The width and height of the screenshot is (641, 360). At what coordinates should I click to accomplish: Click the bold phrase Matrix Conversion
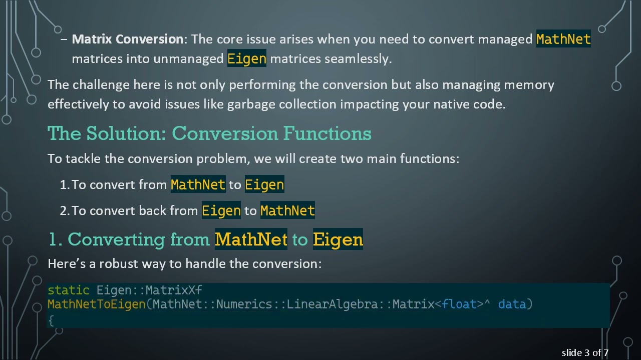click(x=128, y=39)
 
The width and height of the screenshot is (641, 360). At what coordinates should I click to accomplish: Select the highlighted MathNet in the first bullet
click(x=563, y=39)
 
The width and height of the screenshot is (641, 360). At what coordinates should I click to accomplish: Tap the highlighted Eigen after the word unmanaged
click(x=247, y=58)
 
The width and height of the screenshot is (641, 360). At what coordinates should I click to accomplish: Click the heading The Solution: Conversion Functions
click(x=209, y=133)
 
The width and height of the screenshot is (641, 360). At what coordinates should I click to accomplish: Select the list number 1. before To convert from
click(x=64, y=184)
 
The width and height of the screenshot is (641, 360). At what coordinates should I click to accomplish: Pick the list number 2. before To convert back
click(x=65, y=210)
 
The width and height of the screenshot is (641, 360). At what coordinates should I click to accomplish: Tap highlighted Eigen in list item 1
click(x=264, y=184)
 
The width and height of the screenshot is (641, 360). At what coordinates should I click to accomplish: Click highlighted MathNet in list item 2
click(x=287, y=210)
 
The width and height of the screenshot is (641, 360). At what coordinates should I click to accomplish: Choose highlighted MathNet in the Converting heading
click(x=251, y=239)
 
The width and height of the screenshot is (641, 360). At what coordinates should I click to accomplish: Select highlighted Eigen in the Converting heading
click(x=338, y=239)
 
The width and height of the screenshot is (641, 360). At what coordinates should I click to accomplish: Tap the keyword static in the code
click(x=69, y=290)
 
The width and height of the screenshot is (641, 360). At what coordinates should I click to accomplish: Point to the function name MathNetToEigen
click(x=97, y=304)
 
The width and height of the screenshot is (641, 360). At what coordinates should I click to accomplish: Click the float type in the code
click(x=459, y=304)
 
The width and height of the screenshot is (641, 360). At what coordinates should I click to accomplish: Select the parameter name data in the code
click(x=512, y=304)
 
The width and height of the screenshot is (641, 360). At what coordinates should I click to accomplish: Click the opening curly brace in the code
click(x=51, y=319)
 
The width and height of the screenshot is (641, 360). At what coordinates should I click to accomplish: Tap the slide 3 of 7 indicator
click(x=585, y=352)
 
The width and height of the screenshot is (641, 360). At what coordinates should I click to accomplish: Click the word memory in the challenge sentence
click(x=529, y=84)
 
